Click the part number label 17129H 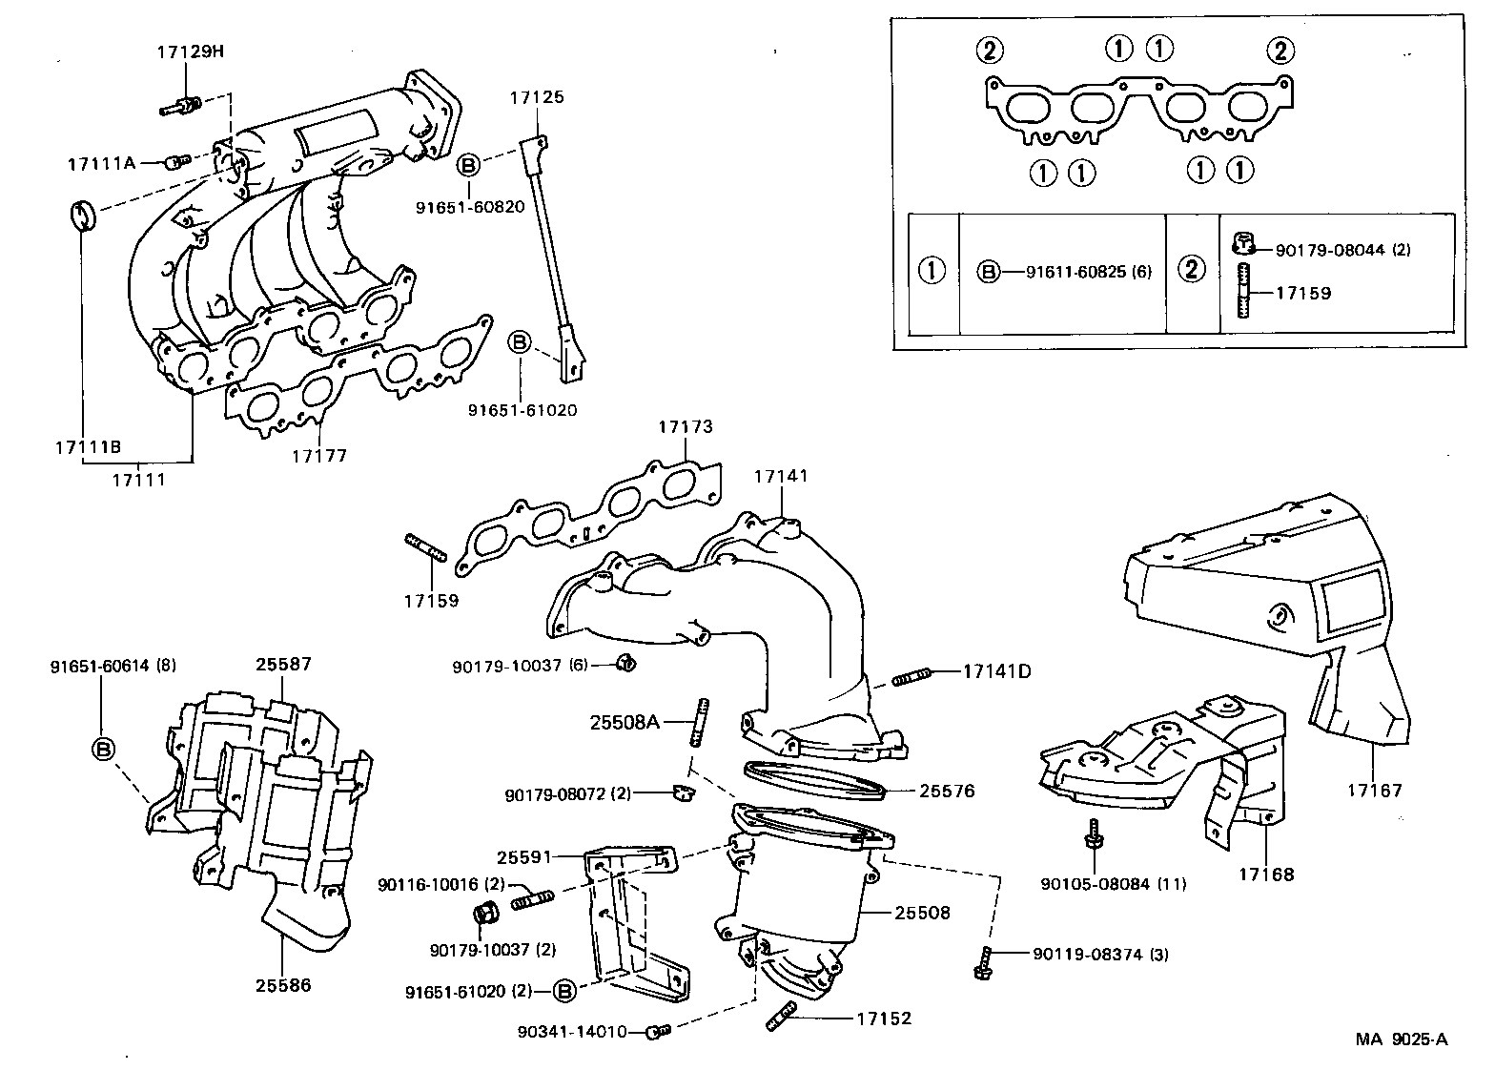190,51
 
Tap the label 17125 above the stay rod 536,96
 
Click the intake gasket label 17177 319,456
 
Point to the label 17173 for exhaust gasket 685,426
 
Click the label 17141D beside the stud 996,671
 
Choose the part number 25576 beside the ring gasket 947,791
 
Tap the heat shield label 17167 1375,791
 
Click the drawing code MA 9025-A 1402,1039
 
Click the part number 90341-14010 572,1031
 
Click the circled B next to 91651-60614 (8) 102,749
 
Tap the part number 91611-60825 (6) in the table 1088,272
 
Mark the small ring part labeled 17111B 83,216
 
